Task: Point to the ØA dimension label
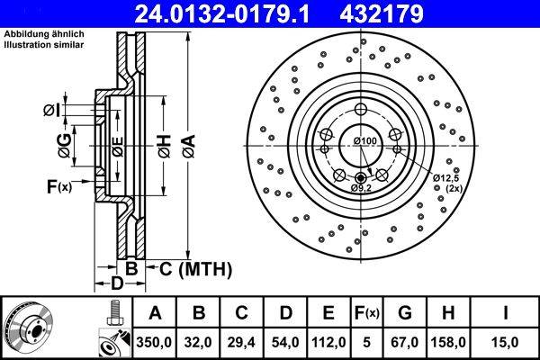(x=188, y=144)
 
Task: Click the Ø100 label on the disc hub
(x=364, y=142)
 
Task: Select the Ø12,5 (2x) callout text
(x=446, y=183)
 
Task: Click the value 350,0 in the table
(x=155, y=343)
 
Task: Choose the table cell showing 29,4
(x=242, y=343)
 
